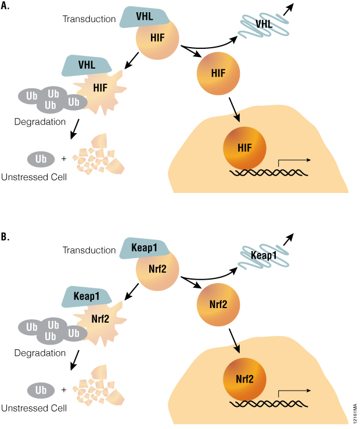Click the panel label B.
6,237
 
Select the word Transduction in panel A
89,20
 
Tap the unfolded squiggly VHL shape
265,25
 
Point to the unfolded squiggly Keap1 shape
265,255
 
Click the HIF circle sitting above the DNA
244,148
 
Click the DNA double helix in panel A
268,173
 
